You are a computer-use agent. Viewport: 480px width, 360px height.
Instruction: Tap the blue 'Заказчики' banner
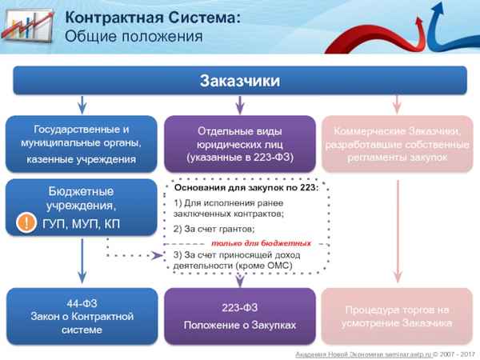239,81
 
